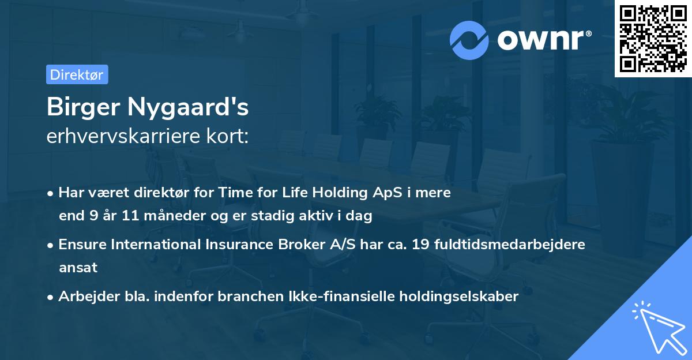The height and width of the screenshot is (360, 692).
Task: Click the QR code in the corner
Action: pyautogui.click(x=653, y=39)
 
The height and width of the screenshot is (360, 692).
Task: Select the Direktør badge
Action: pyautogui.click(x=77, y=74)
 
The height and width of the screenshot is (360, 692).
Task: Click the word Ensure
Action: pyautogui.click(x=82, y=245)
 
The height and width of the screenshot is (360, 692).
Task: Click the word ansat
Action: pyautogui.click(x=78, y=268)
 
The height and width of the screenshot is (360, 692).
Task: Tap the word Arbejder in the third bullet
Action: pyautogui.click(x=85, y=297)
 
